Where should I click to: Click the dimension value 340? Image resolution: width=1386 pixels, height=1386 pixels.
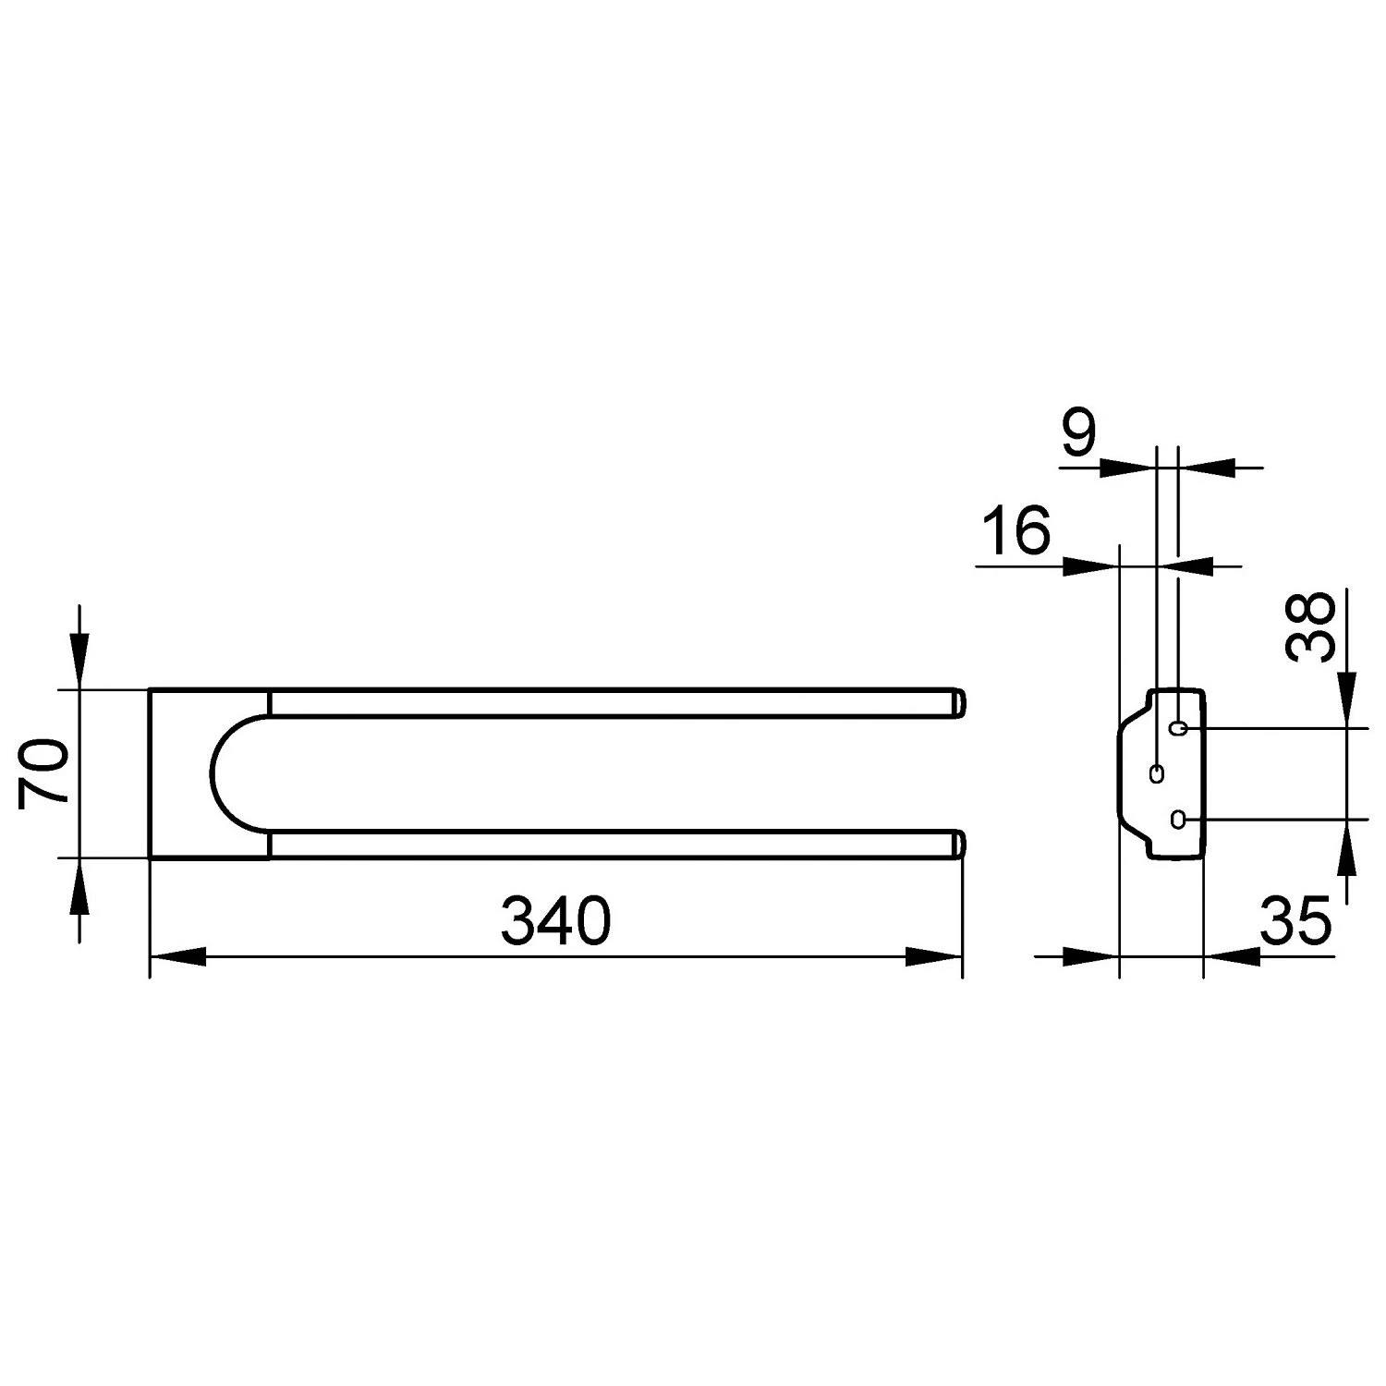[x=555, y=920]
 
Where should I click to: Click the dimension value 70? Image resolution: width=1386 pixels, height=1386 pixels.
[x=43, y=772]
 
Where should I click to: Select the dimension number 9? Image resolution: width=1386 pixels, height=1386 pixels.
[x=1078, y=434]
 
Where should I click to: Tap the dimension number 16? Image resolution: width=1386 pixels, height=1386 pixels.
[x=1016, y=530]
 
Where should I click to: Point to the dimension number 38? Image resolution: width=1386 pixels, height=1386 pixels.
[x=1310, y=626]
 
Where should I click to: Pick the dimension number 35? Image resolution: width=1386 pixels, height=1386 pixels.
[x=1295, y=920]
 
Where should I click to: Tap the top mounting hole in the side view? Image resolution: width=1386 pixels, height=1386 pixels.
[x=1177, y=729]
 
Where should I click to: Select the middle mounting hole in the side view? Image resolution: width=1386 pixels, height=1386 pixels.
[x=1156, y=773]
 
